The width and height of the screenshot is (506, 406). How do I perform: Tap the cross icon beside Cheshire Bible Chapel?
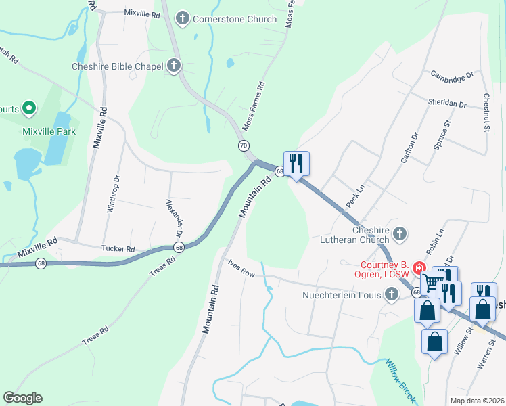click(x=174, y=66)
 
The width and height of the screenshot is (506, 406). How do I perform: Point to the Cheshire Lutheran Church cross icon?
click(x=400, y=234)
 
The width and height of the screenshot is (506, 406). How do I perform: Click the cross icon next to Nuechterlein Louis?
click(x=392, y=294)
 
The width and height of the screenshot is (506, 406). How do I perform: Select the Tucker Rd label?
click(x=118, y=248)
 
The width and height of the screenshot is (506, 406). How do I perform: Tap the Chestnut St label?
click(x=486, y=113)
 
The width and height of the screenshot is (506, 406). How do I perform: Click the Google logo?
click(x=22, y=398)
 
